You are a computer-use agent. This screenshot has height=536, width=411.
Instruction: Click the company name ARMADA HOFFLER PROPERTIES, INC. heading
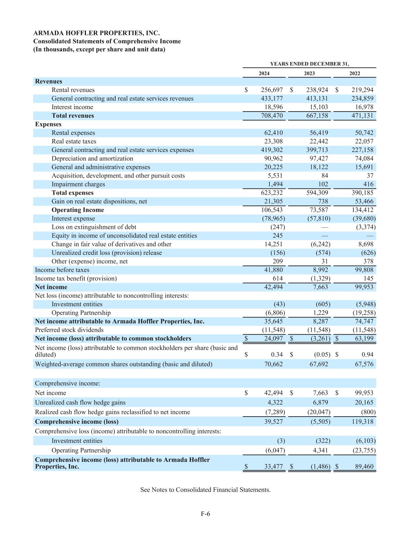click(x=96, y=33)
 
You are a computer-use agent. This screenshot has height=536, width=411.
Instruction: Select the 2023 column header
click(x=309, y=73)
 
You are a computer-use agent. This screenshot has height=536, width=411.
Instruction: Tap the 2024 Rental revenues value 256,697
click(x=272, y=90)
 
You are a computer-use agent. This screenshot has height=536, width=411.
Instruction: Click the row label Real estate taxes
click(x=74, y=141)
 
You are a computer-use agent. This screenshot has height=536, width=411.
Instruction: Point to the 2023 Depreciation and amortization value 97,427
click(x=317, y=159)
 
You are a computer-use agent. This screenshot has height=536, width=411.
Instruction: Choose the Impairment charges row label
click(x=78, y=184)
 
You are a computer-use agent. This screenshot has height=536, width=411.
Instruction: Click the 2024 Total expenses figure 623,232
click(x=272, y=193)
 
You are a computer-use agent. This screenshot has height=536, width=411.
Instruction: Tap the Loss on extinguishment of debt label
click(x=94, y=227)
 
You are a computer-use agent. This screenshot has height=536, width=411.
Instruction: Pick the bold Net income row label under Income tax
click(x=51, y=287)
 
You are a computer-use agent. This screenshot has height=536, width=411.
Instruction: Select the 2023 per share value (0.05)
click(x=322, y=355)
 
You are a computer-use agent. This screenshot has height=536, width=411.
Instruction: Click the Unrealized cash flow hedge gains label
click(x=80, y=402)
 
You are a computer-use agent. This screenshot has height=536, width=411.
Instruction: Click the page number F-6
click(x=205, y=514)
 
